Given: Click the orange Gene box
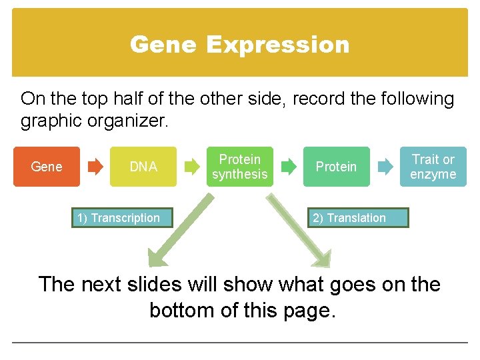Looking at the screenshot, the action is click(47, 167).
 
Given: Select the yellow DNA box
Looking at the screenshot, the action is click(143, 167).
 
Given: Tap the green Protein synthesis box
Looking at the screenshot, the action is click(239, 167).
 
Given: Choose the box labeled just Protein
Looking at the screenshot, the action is click(336, 167).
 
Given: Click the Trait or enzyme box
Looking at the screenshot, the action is click(433, 167).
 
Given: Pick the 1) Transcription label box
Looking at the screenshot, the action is click(119, 218).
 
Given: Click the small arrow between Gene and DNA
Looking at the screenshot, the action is click(96, 167).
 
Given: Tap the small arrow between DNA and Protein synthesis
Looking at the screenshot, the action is click(193, 167).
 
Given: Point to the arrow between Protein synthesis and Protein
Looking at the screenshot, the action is click(289, 167).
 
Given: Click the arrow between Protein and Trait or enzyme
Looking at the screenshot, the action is click(385, 167).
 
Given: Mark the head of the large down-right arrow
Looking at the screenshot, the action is click(322, 259).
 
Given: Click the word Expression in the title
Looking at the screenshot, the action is click(277, 45).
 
